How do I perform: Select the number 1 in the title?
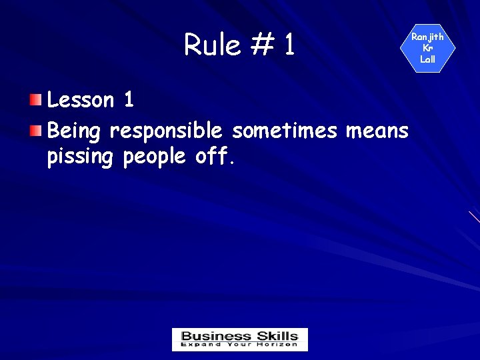(289, 45)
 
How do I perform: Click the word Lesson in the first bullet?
(81, 100)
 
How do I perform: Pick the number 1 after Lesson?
(129, 100)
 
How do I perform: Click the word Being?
(74, 131)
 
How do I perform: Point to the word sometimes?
(285, 131)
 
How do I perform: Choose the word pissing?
(81, 157)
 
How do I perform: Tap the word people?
(157, 157)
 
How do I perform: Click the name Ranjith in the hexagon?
(427, 37)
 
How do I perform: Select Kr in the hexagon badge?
(427, 48)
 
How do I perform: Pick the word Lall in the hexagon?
(427, 59)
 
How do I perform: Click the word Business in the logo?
(215, 336)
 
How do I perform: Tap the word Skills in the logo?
(277, 336)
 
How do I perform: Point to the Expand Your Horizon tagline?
(240, 345)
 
